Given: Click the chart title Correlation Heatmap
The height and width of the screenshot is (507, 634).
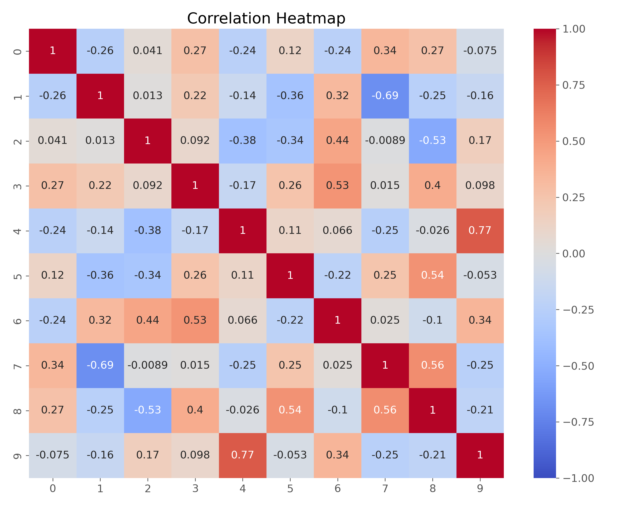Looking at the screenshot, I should [x=266, y=19].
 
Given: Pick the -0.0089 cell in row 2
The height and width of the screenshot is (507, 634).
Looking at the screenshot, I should [x=385, y=141].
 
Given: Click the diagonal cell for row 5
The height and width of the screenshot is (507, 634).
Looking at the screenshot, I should [x=290, y=275].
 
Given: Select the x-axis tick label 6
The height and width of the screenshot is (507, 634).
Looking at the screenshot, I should [x=337, y=488].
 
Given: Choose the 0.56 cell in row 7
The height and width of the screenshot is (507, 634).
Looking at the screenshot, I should [x=432, y=365].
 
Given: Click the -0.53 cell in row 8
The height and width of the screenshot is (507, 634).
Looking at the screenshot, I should [x=148, y=410].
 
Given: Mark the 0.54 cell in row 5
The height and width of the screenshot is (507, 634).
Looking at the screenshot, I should [x=432, y=275].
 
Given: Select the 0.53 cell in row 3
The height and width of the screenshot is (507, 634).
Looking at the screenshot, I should [x=337, y=186].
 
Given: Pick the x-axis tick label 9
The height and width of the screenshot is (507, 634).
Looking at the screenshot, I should [x=480, y=488].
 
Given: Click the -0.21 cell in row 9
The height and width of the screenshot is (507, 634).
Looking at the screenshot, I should [x=432, y=455].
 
